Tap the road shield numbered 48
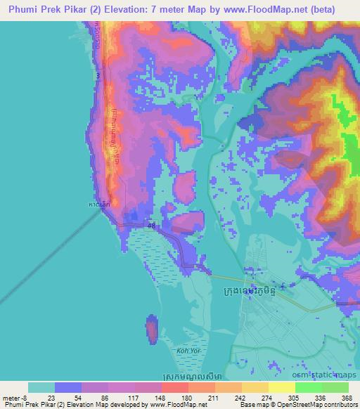[152, 224]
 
